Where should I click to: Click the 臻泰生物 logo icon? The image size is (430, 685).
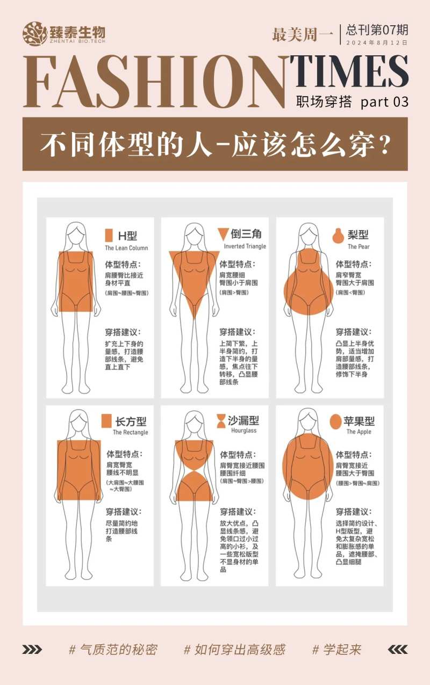[33, 34]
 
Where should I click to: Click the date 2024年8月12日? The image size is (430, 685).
[377, 42]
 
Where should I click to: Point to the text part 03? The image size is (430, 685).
[384, 101]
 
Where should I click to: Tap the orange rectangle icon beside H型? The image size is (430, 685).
[109, 235]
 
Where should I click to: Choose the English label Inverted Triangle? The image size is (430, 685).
[245, 246]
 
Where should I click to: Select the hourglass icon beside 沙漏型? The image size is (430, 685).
[221, 421]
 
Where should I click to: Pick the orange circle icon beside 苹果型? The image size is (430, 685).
[335, 421]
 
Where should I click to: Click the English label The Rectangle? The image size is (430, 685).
[130, 432]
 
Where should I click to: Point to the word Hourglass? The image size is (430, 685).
[244, 431]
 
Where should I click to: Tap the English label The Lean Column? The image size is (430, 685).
[126, 248]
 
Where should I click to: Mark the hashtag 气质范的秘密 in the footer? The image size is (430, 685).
[113, 650]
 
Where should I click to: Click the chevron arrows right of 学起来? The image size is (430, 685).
[397, 650]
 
